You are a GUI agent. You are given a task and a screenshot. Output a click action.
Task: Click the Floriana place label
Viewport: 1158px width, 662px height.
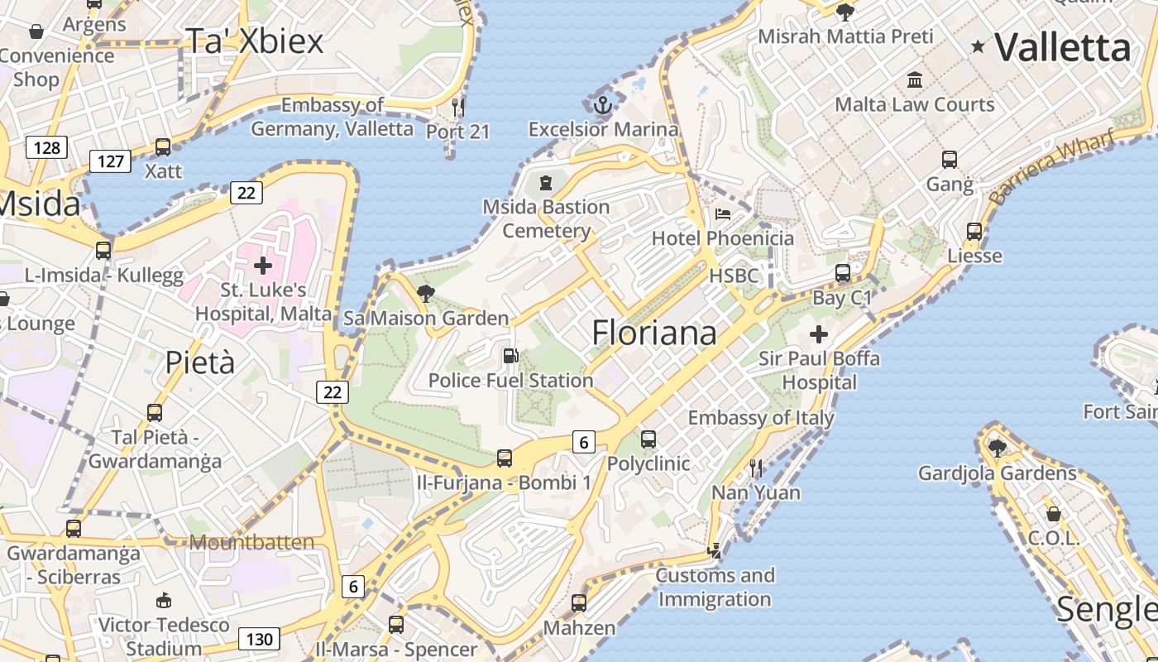[654, 333]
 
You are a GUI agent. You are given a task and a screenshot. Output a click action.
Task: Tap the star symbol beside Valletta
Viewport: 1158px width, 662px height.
[979, 46]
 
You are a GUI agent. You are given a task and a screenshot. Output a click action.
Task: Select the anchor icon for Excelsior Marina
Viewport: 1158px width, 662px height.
[603, 105]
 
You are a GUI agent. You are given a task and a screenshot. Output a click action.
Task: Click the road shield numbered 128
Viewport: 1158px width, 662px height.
[46, 148]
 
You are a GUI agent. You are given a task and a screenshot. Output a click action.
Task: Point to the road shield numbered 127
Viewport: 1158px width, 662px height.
[110, 161]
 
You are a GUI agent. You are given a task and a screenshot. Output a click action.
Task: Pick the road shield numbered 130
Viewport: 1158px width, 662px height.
[259, 639]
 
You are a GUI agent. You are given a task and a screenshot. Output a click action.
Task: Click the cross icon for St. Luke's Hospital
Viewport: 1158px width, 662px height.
[263, 266]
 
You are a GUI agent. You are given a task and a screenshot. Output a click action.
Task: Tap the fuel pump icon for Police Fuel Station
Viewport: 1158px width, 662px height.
[511, 356]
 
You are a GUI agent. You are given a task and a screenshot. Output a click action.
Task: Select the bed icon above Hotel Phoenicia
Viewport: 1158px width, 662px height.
[723, 214]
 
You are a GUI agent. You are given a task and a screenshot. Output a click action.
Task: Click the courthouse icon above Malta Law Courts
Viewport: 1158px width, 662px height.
[915, 80]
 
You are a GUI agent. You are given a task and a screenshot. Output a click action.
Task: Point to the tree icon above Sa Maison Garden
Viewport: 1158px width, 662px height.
[426, 293]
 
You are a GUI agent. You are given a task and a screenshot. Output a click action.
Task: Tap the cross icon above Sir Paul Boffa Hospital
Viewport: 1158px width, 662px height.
[819, 334]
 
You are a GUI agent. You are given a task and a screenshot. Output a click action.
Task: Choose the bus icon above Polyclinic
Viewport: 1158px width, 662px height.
[648, 439]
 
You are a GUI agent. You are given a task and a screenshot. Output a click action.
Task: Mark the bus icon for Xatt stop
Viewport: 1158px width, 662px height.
[163, 147]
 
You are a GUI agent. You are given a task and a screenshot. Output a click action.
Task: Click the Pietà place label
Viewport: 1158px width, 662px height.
[200, 362]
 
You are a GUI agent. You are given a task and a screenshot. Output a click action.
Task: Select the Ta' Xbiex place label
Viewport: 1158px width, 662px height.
[254, 41]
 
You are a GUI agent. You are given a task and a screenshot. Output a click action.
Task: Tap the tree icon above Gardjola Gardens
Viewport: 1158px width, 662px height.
[998, 449]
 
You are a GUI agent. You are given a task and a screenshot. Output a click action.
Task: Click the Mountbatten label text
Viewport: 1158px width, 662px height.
[252, 543]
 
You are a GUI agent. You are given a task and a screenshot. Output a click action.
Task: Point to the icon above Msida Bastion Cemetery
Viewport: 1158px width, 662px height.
[545, 182]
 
